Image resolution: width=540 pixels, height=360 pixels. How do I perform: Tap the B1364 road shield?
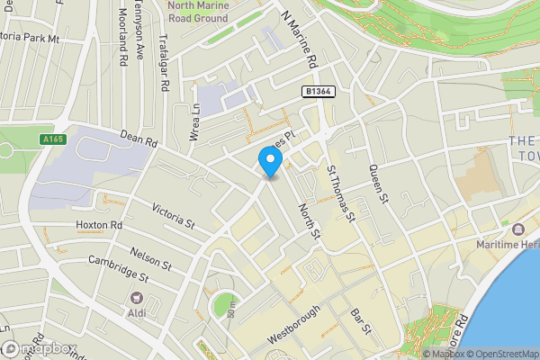[319, 91]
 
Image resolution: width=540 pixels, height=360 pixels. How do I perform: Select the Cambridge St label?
[125, 271]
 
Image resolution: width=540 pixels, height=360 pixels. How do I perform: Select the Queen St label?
[377, 185]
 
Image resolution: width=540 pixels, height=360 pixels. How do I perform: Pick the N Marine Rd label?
[301, 40]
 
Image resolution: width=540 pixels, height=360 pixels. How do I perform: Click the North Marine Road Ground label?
[198, 12]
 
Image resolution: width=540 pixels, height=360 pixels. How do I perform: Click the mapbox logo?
[39, 348]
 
